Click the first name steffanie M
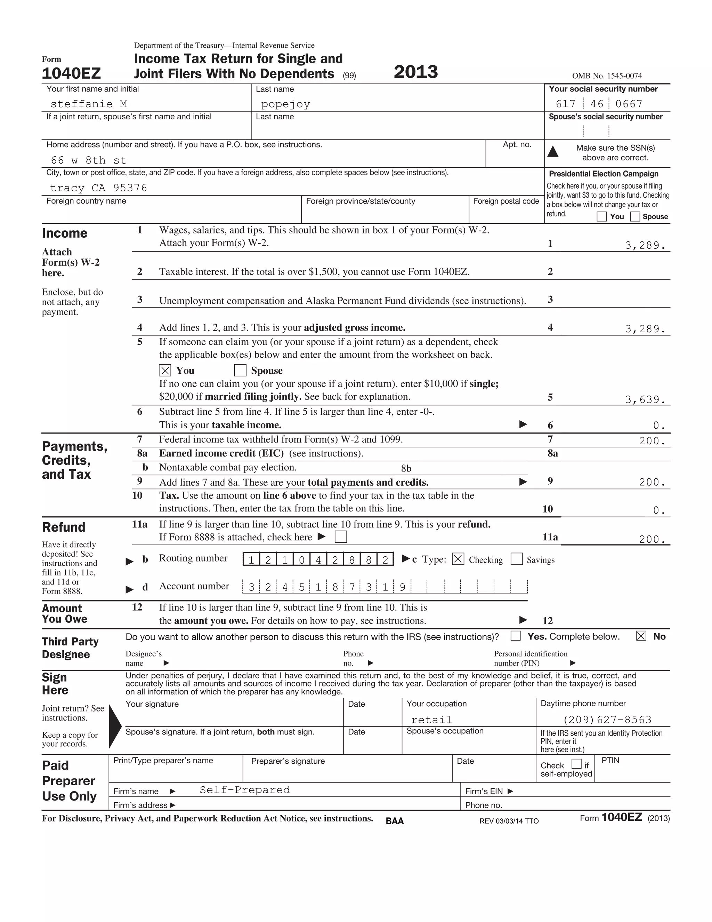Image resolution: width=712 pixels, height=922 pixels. [x=89, y=104]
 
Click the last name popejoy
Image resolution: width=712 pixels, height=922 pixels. [x=285, y=104]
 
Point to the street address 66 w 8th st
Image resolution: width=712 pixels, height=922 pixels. [x=89, y=160]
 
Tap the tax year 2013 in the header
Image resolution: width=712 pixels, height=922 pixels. [x=416, y=72]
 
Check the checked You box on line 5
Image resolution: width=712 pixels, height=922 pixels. [x=165, y=371]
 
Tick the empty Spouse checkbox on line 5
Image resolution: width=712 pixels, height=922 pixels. [x=240, y=371]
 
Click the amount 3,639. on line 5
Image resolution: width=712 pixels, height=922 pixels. [x=645, y=399]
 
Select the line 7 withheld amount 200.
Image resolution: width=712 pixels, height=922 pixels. [x=652, y=441]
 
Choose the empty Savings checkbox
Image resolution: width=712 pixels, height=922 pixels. [x=516, y=559]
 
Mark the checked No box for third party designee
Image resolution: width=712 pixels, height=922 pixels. [x=641, y=636]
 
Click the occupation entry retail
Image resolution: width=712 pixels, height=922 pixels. [x=431, y=720]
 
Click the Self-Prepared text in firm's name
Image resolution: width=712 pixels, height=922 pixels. [x=245, y=790]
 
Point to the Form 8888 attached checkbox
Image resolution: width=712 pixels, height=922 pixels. [x=340, y=537]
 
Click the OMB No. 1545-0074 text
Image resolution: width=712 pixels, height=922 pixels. [x=607, y=76]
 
